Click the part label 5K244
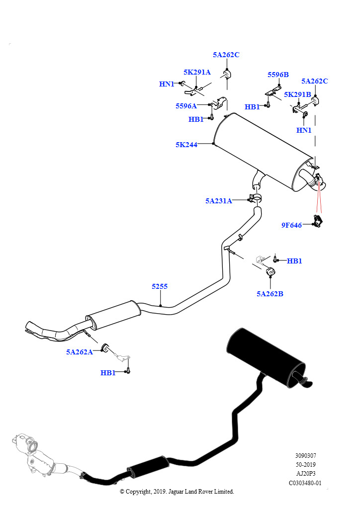pyautogui.click(x=186, y=145)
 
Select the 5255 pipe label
pyautogui.click(x=160, y=286)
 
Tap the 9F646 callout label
pyautogui.click(x=291, y=225)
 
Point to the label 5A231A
pyautogui.click(x=218, y=201)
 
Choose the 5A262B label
pyautogui.click(x=270, y=294)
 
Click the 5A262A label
pyautogui.click(x=80, y=352)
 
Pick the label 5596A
pyautogui.click(x=186, y=106)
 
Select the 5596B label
pyautogui.click(x=278, y=75)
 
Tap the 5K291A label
pyautogui.click(x=197, y=72)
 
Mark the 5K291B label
pyautogui.click(x=297, y=94)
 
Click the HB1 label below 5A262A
pyautogui.click(x=108, y=373)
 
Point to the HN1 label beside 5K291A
pyautogui.click(x=167, y=84)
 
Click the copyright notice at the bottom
pyautogui.click(x=177, y=492)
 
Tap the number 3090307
pyautogui.click(x=305, y=455)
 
